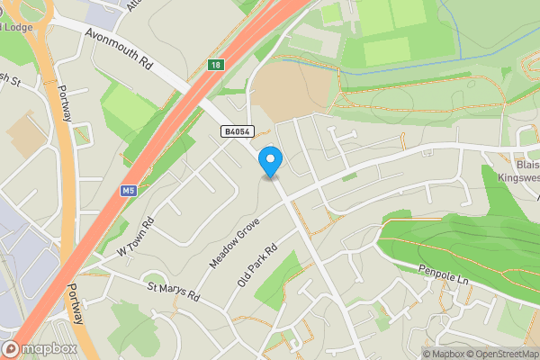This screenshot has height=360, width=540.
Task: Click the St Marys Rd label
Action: (173, 292)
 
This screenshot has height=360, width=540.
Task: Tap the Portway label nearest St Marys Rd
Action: (77, 304)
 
